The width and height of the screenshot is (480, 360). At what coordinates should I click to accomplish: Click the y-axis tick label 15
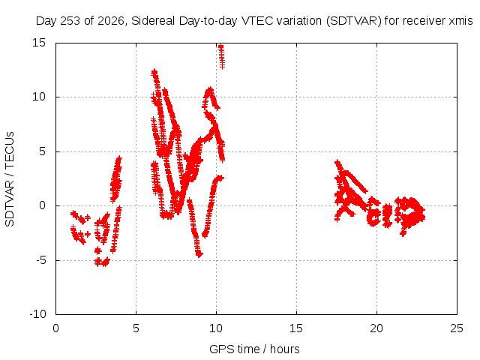tap(39, 43)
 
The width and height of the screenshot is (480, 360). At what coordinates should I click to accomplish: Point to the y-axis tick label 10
tap(39, 97)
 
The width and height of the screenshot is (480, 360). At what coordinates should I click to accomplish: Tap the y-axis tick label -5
tap(41, 260)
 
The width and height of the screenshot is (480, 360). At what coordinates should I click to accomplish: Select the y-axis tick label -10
tap(37, 314)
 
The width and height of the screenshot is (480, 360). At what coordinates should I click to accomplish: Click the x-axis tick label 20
tap(376, 328)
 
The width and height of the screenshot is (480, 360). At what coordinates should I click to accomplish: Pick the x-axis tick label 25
tap(457, 328)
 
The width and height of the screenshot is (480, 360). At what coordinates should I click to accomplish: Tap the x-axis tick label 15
tap(296, 328)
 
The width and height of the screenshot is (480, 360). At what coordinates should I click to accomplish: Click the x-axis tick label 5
tap(136, 328)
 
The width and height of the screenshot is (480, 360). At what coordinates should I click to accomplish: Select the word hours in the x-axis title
tap(285, 349)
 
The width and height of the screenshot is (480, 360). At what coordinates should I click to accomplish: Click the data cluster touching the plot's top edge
tap(221, 56)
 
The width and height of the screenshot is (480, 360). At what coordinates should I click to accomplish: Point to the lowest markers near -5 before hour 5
tap(102, 262)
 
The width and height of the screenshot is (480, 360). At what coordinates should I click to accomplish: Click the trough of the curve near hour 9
tap(199, 254)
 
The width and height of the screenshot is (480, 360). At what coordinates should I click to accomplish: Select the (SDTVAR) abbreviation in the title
tap(354, 21)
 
